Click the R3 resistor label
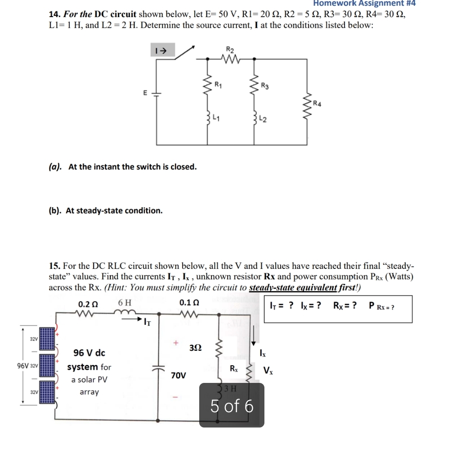(265, 86)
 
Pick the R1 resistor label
(218, 84)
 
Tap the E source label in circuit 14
(145, 93)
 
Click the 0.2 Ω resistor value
(87, 304)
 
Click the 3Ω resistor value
(195, 348)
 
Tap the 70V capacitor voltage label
(179, 375)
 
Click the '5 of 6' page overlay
(232, 406)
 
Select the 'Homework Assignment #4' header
(364, 3)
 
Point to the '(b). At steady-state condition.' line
(105, 210)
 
